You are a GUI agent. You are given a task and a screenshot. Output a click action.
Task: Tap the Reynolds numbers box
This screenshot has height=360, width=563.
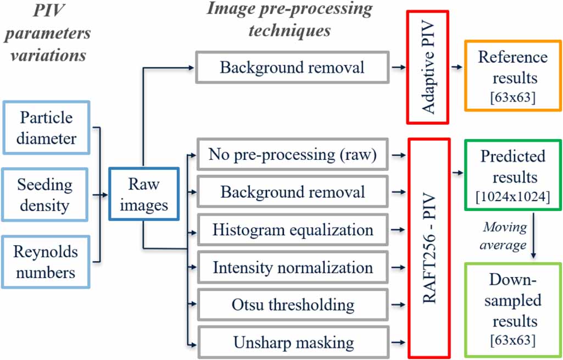click(46, 263)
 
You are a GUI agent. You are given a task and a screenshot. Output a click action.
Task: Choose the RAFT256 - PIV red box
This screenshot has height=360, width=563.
click(429, 248)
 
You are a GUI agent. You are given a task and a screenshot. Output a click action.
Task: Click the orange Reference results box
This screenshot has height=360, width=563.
click(512, 75)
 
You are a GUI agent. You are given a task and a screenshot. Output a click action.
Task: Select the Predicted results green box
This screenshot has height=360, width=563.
click(512, 175)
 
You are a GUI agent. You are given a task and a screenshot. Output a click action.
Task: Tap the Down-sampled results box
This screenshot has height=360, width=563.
click(512, 309)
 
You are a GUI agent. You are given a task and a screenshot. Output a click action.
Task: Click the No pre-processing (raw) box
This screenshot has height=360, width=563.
click(292, 156)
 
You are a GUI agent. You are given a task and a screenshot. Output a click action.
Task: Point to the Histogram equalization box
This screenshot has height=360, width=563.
click(292, 230)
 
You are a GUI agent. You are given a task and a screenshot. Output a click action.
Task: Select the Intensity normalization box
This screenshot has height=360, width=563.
click(292, 268)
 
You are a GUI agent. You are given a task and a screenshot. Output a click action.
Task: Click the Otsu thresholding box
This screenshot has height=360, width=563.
click(292, 305)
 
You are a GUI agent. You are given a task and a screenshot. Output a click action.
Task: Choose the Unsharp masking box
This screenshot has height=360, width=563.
click(292, 342)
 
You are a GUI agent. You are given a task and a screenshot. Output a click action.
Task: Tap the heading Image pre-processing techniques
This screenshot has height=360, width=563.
click(289, 19)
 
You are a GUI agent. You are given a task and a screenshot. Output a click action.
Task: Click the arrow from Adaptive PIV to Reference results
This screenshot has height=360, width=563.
click(456, 67)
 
